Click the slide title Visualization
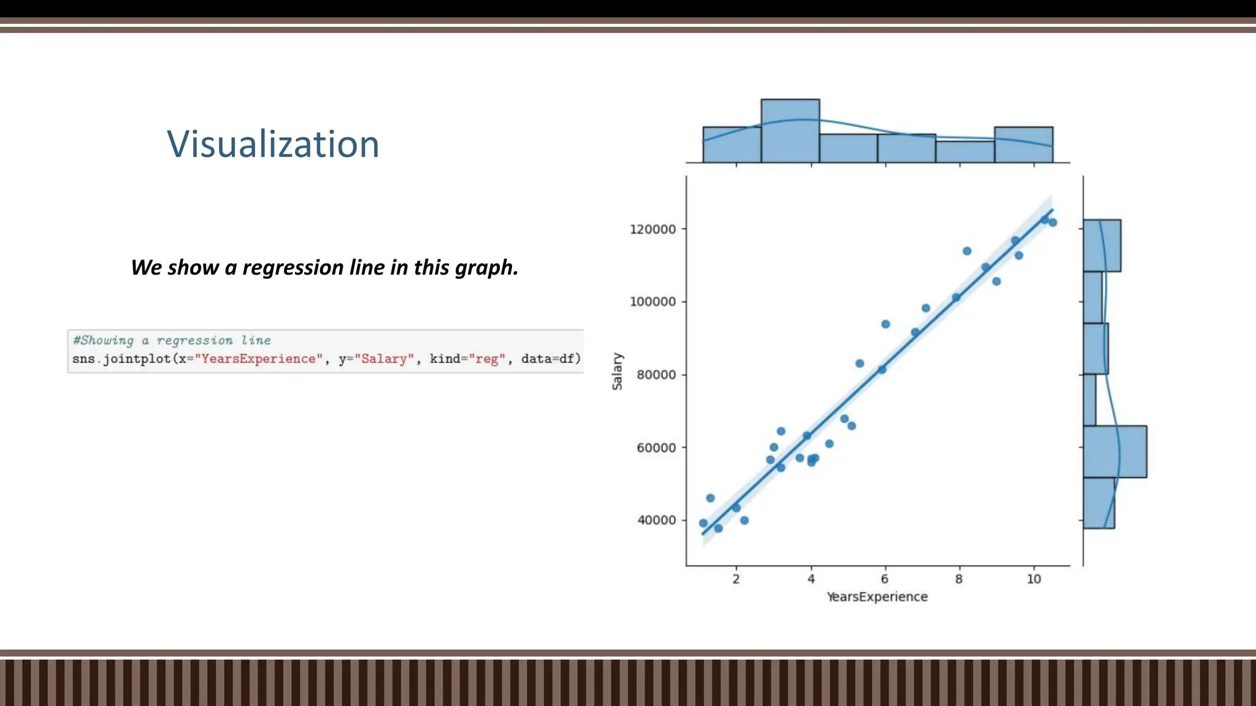point(273,145)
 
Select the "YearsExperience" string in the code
point(258,359)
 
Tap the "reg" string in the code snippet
point(487,359)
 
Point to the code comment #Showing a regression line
point(172,341)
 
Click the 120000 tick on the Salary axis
point(653,229)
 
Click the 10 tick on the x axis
point(1033,579)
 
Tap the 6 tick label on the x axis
point(884,579)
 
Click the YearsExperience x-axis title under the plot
point(877,597)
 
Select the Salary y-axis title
point(617,371)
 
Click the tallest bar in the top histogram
point(790,131)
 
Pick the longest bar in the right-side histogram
point(1114,452)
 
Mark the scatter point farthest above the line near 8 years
point(967,251)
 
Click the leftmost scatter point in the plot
point(703,523)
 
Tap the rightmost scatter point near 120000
point(1053,222)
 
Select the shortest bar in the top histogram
point(965,152)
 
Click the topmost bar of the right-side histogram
point(1101,246)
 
